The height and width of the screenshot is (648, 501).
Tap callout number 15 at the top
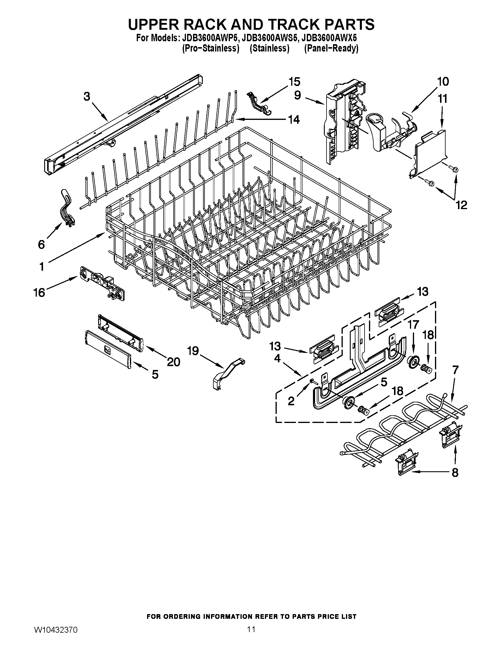click(x=294, y=81)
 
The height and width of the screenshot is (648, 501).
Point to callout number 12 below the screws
click(x=461, y=205)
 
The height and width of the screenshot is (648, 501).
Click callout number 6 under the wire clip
click(x=41, y=244)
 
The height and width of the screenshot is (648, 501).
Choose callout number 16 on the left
click(x=39, y=292)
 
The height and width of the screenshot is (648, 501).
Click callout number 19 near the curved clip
click(x=193, y=351)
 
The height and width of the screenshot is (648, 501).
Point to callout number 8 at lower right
click(x=455, y=472)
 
